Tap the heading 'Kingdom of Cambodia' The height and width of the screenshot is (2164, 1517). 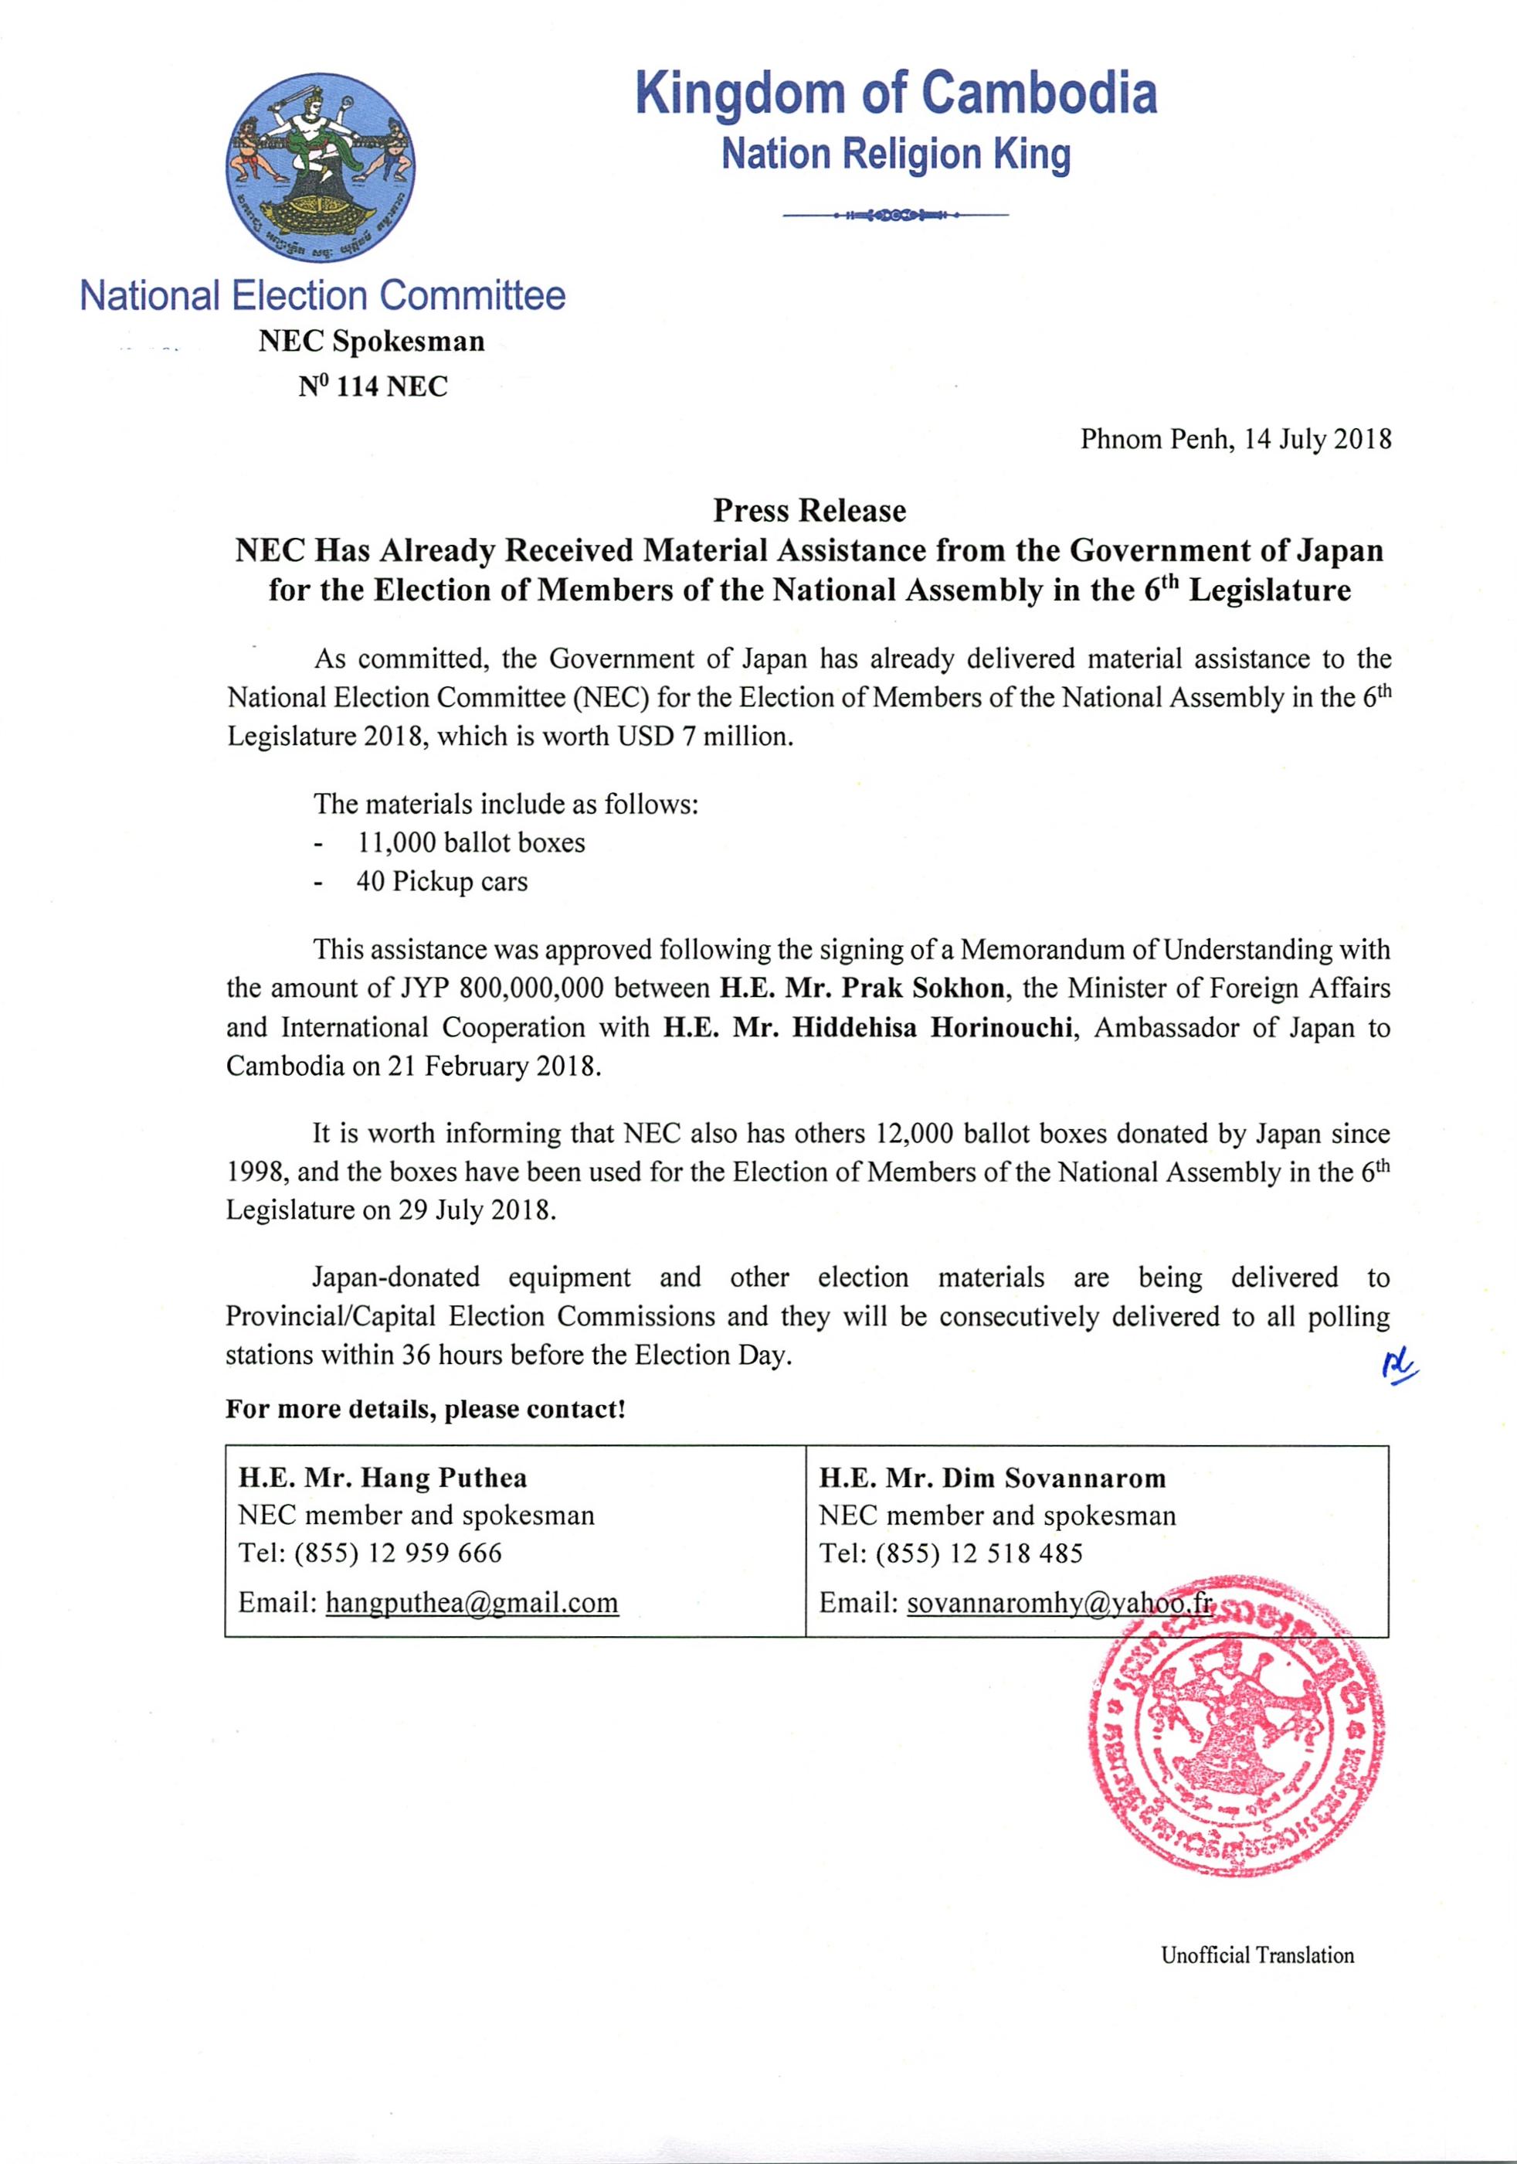coord(895,94)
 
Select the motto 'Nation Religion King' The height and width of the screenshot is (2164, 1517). coord(895,155)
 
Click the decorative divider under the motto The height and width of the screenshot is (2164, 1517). coord(895,216)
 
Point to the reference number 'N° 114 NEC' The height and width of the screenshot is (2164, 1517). coord(373,386)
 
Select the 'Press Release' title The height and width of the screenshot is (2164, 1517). coord(809,511)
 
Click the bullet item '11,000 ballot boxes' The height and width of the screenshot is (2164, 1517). coord(470,842)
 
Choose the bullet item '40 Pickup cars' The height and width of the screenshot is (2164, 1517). coord(441,882)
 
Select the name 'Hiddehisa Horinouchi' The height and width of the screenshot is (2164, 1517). coord(933,1027)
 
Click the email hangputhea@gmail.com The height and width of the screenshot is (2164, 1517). coord(472,1603)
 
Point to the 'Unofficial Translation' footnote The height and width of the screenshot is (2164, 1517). coord(1257,1955)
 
